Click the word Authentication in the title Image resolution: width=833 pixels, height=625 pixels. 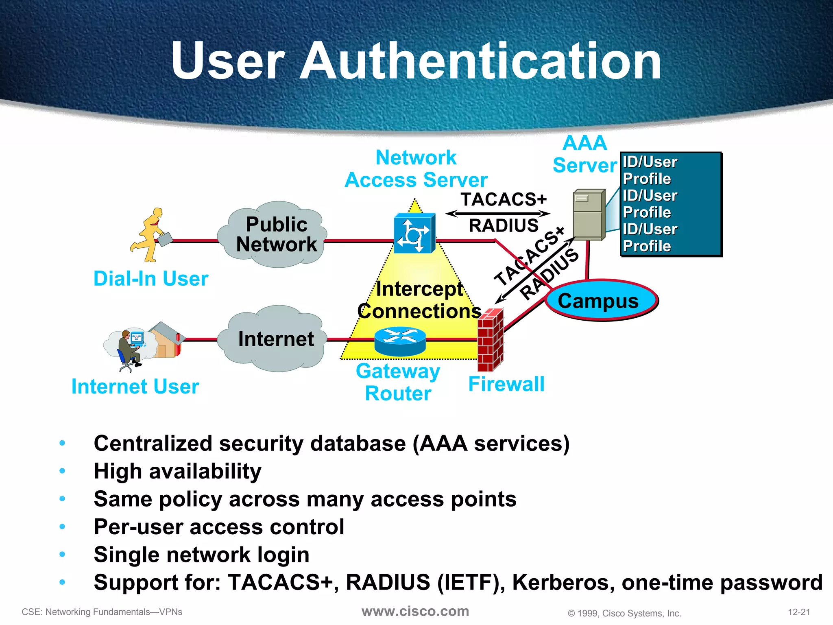tap(480, 61)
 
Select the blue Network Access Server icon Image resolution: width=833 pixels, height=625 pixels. tap(414, 234)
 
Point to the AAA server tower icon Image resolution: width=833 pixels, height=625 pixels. tap(588, 215)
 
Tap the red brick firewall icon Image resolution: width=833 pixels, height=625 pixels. tap(490, 340)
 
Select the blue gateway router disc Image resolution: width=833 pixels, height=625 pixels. tap(400, 341)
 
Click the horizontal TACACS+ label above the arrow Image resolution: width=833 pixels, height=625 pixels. tap(504, 199)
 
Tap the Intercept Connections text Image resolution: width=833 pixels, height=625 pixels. tap(419, 300)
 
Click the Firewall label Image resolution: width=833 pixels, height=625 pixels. tap(506, 384)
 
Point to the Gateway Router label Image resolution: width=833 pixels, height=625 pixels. tap(398, 382)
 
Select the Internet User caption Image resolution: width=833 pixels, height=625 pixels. tap(135, 386)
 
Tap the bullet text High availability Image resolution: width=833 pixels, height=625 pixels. tap(177, 471)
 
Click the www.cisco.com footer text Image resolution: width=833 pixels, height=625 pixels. tap(415, 611)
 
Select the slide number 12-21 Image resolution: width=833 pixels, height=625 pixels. tap(799, 612)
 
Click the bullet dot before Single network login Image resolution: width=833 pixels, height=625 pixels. tap(62, 554)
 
